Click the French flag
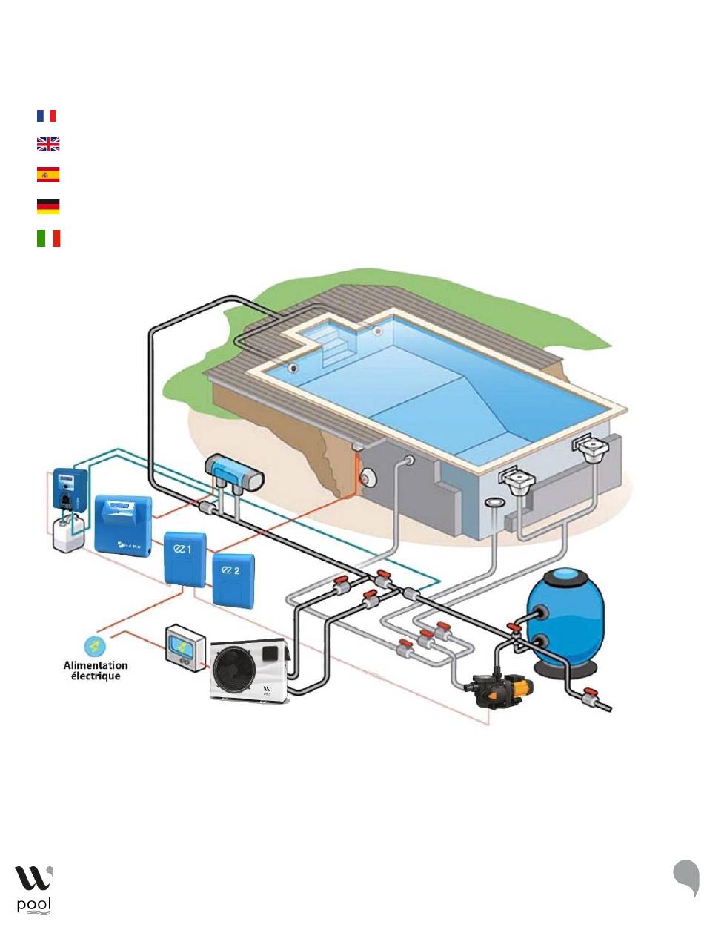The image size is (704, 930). click(47, 116)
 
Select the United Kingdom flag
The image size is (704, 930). click(47, 145)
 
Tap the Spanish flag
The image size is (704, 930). click(47, 175)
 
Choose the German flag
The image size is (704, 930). click(47, 206)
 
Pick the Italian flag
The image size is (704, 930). click(47, 238)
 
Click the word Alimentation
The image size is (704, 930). click(95, 666)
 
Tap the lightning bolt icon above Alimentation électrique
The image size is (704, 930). click(93, 644)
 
